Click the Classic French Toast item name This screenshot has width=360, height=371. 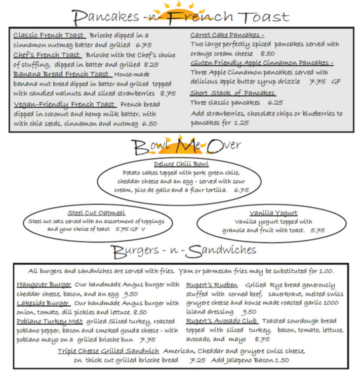49,35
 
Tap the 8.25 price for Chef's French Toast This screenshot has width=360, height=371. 151,65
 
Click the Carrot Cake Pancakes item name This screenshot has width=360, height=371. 227,35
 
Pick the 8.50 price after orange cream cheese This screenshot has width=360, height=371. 267,54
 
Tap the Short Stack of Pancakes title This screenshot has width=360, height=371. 232,93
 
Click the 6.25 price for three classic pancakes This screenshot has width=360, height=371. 275,102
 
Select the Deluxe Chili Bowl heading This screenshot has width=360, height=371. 181,164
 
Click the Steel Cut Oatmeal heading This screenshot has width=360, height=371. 96,213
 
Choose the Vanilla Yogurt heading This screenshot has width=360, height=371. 273,213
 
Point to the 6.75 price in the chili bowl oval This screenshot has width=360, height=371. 242,191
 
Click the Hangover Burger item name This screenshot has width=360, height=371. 44,284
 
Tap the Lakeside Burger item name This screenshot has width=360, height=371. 43,303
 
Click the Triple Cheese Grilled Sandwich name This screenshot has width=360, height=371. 108,351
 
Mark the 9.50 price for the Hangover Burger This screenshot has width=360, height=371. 131,294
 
